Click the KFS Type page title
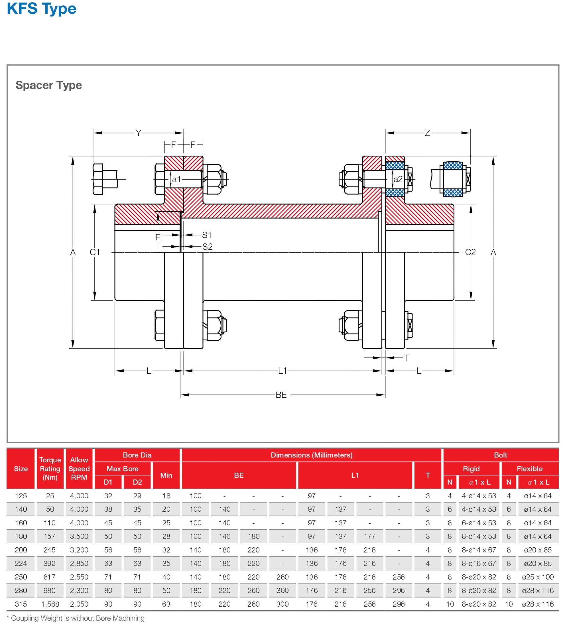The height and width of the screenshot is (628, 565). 41,9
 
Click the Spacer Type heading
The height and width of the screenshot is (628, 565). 49,85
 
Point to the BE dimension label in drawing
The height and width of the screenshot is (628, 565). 281,395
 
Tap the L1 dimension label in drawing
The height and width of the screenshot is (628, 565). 282,371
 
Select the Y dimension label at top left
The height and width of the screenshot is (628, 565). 139,133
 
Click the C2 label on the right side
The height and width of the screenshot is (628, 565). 470,252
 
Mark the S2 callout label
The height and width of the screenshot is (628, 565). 207,247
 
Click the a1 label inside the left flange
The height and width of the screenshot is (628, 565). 176,179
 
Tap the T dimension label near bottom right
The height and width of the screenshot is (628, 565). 407,358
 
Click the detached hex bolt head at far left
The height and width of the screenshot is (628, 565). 98,179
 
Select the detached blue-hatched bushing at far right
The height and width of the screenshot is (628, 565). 453,179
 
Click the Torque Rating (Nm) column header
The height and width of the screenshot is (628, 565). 50,468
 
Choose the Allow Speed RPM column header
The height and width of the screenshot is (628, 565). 79,468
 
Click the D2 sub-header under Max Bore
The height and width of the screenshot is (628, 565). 137,482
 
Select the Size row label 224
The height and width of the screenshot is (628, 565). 21,563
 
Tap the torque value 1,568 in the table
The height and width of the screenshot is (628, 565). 49,604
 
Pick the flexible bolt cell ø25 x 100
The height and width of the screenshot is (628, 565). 538,577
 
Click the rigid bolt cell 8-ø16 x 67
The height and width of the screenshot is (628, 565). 479,563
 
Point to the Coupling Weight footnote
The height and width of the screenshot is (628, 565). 76,618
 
